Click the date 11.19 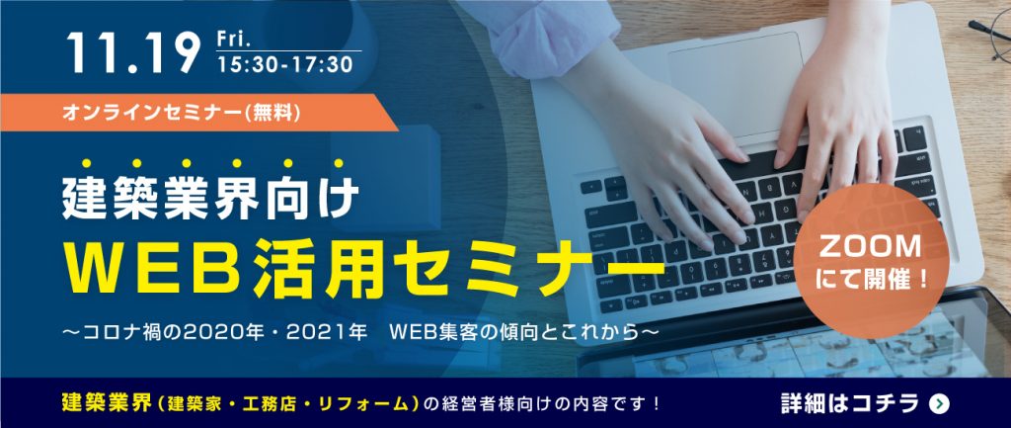133,52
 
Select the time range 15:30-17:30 285,64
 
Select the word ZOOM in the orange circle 870,246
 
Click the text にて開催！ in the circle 871,280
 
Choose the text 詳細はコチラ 849,403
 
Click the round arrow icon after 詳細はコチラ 940,404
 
